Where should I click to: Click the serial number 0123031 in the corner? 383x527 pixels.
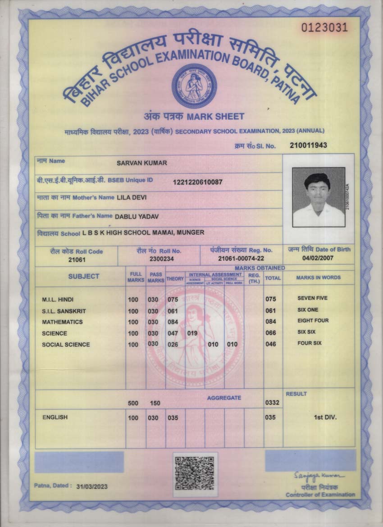click(x=324, y=27)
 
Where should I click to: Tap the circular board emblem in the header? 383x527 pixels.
click(x=195, y=86)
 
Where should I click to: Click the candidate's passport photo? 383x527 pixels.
click(x=319, y=197)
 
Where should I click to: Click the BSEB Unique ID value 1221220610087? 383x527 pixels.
click(x=198, y=182)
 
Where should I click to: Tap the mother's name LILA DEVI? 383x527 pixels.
click(x=132, y=197)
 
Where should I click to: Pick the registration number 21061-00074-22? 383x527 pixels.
click(x=241, y=259)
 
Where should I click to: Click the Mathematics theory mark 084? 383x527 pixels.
click(x=173, y=322)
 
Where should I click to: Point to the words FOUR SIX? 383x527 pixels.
click(x=310, y=343)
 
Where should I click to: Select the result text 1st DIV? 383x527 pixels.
click(x=325, y=417)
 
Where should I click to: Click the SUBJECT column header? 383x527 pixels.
click(x=83, y=276)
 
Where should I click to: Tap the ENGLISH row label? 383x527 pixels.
click(x=55, y=417)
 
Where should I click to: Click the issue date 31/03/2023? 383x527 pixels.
click(x=92, y=487)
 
